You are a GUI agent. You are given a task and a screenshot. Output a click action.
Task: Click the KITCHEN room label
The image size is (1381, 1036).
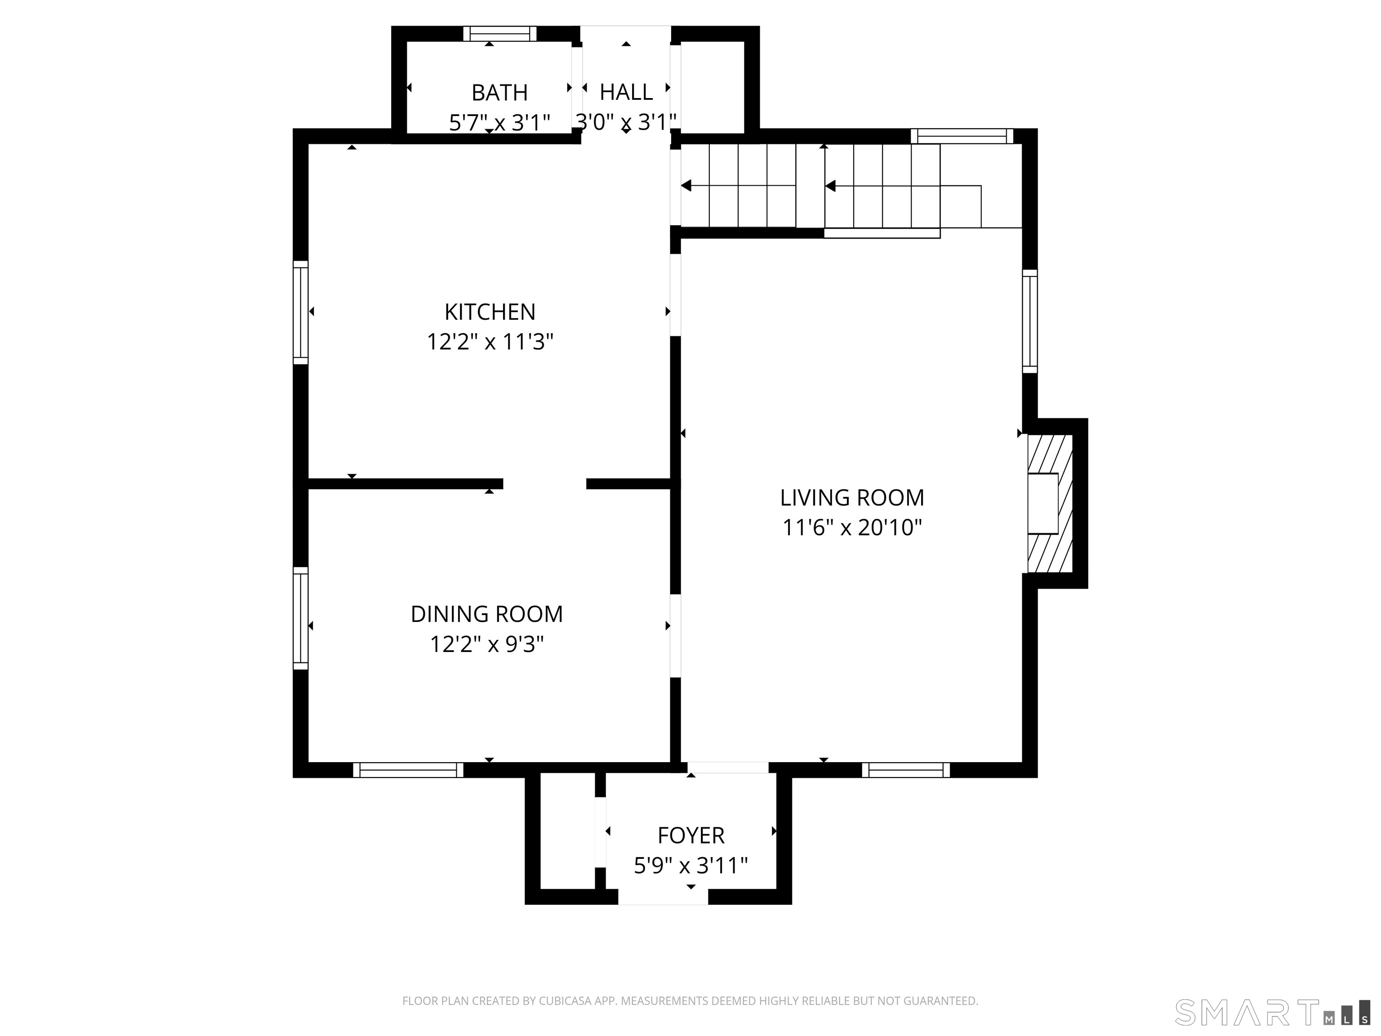click(x=490, y=312)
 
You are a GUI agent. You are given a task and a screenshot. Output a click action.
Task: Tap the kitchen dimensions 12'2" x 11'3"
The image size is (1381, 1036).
click(x=490, y=342)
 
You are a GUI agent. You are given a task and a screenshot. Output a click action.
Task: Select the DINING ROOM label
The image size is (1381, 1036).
click(x=486, y=614)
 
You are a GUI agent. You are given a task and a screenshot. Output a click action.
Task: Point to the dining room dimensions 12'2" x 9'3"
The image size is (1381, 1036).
click(x=486, y=644)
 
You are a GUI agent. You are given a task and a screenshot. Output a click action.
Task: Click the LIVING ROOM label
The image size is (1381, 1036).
click(x=851, y=498)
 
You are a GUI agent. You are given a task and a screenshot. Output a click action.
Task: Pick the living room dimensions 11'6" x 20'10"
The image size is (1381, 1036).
click(x=851, y=528)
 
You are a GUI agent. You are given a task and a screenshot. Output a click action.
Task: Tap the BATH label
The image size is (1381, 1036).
click(x=499, y=93)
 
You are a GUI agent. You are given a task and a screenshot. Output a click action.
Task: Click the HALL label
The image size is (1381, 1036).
click(x=626, y=93)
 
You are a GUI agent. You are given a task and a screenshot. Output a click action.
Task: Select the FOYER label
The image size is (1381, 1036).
click(x=690, y=835)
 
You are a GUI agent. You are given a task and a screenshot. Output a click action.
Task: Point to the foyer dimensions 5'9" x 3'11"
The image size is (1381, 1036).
click(x=690, y=866)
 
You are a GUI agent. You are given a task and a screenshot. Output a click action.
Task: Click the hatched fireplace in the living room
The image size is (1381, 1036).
click(x=1050, y=503)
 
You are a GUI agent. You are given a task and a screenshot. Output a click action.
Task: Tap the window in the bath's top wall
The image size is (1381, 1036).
click(x=499, y=34)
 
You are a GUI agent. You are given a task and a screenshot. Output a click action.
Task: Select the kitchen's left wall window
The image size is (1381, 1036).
click(x=301, y=312)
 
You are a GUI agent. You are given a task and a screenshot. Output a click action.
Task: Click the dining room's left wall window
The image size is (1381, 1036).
click(x=301, y=618)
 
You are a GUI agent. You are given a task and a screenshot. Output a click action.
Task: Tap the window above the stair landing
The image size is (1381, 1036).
click(x=962, y=136)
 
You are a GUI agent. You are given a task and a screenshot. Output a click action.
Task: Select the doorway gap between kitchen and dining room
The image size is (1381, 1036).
click(x=544, y=484)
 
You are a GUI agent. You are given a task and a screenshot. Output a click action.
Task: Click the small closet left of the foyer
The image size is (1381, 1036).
click(x=567, y=831)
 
